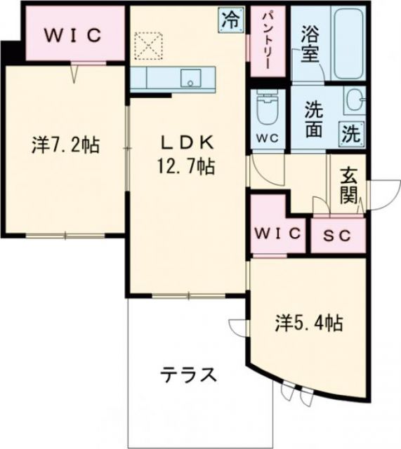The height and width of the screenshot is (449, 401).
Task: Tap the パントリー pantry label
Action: (x=268, y=40)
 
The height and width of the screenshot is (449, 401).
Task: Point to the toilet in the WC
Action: (x=268, y=109)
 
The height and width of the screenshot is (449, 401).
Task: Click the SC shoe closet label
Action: (x=338, y=236)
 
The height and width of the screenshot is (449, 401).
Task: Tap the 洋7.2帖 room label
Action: (x=65, y=145)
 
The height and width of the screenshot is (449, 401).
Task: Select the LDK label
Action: (x=188, y=142)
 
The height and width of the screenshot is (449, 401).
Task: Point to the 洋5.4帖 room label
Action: (x=308, y=323)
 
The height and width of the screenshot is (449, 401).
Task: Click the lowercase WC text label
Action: (x=270, y=138)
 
